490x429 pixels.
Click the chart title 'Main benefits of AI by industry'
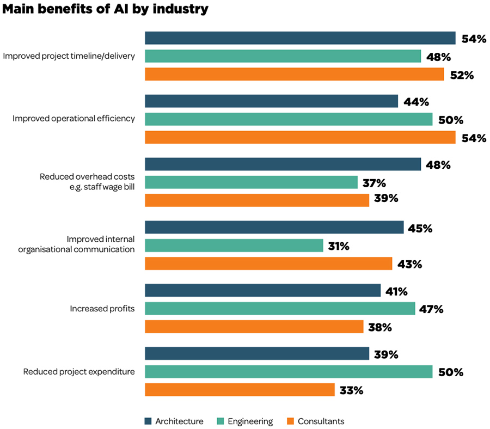[105, 9]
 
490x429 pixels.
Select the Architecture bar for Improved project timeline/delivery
[300, 38]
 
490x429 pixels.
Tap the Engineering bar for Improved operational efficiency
[289, 119]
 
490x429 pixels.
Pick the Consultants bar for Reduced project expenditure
[240, 390]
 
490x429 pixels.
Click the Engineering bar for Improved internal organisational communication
[234, 246]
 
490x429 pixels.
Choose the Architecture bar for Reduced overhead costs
[283, 164]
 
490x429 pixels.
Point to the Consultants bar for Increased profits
[254, 327]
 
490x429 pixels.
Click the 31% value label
[338, 247]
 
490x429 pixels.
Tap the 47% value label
[431, 309]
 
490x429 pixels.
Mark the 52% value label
[462, 75]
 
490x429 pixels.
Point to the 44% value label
[416, 102]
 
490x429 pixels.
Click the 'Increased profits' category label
[102, 309]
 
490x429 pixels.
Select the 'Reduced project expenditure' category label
[78, 372]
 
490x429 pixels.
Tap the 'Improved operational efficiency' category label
[73, 119]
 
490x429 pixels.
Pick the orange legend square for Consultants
[290, 421]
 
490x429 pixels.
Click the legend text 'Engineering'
[250, 421]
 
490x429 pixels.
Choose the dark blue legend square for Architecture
[148, 421]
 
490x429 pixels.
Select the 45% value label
[419, 229]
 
